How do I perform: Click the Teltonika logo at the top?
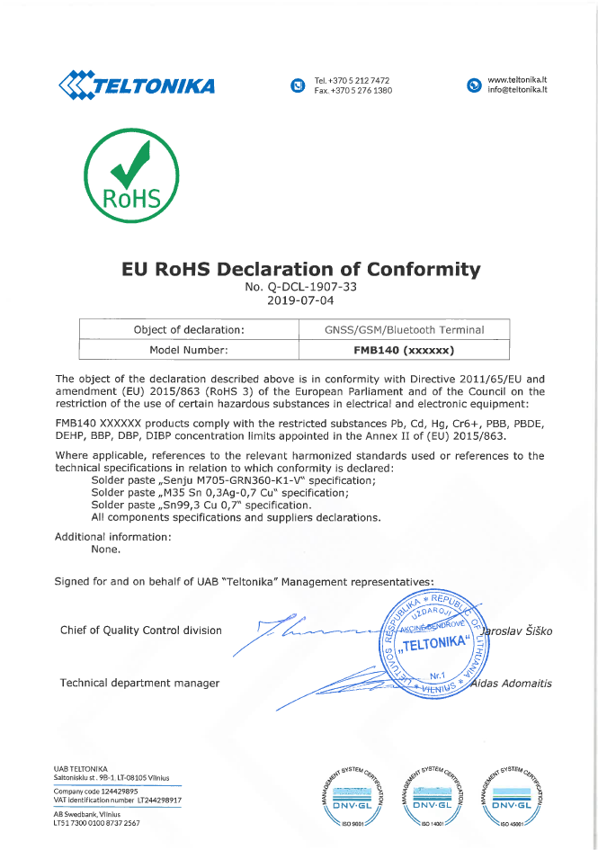(x=137, y=85)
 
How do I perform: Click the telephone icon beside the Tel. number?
(x=298, y=85)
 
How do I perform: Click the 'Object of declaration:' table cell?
(x=189, y=329)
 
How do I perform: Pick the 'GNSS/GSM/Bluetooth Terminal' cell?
(x=404, y=329)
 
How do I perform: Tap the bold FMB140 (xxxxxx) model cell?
(x=404, y=350)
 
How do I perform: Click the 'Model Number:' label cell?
(x=189, y=350)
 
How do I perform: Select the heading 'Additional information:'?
(x=113, y=536)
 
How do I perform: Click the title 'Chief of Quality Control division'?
(x=140, y=630)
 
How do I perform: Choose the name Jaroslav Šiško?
(x=518, y=631)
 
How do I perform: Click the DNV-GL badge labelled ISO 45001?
(x=514, y=795)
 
